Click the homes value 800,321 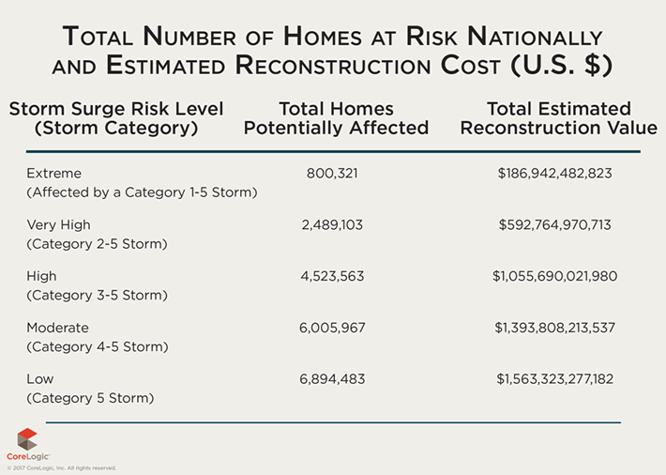pos(332,174)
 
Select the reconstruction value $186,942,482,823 pos(554,174)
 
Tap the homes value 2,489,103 pos(332,225)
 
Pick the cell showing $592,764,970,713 pos(554,225)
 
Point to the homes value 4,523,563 pos(332,277)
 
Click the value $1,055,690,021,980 pos(554,277)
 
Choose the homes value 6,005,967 pos(332,328)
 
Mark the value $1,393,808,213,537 pos(554,328)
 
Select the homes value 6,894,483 pos(332,379)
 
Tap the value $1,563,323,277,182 pos(554,379)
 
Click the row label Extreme pos(54,174)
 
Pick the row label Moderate pos(58,328)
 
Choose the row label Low pos(40,379)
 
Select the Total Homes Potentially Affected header pos(336,118)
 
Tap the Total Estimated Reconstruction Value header pos(558,118)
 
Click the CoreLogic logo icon pos(27,438)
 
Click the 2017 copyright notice pos(62,467)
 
